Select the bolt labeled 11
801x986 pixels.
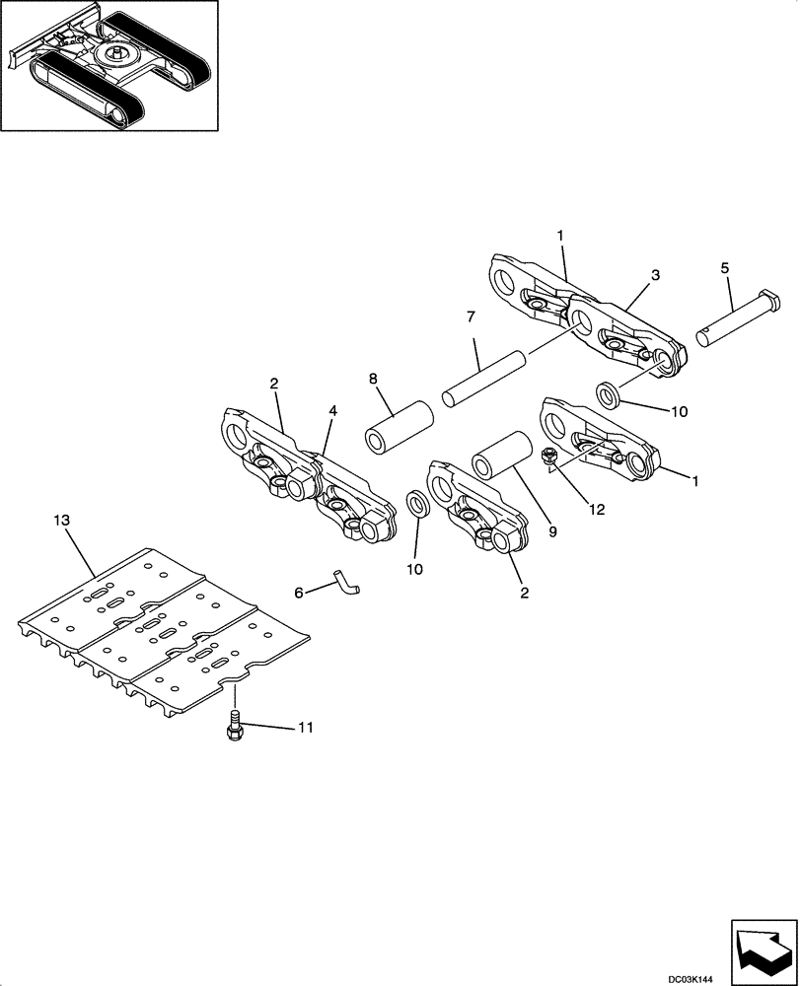tap(235, 730)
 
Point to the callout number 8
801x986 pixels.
tap(373, 378)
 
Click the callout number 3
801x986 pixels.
tap(655, 274)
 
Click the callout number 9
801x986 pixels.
tap(552, 531)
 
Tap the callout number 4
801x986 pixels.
tap(332, 410)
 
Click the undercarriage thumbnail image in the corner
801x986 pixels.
tap(109, 65)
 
